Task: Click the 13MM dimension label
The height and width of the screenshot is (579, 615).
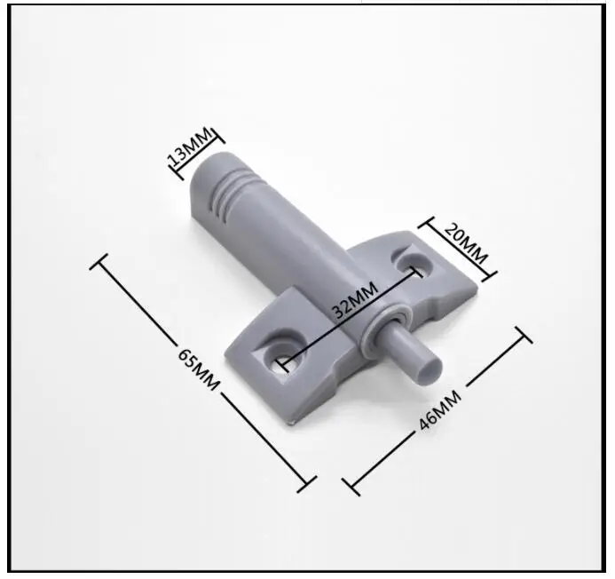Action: pos(190,146)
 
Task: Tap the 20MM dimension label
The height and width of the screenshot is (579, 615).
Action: pos(466,243)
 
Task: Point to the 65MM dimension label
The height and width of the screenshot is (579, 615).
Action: pos(198,369)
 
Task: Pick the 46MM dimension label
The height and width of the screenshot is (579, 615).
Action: pos(439,411)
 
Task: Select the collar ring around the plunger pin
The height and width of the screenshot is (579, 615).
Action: pos(384,327)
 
